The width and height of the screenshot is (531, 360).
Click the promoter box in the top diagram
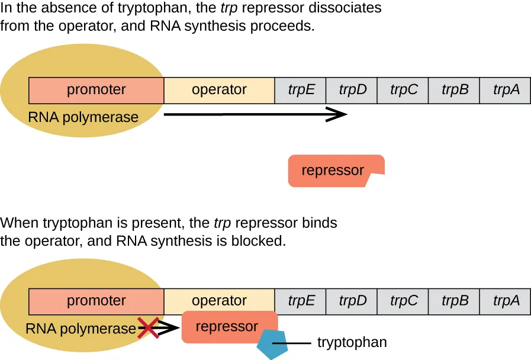pos(96,90)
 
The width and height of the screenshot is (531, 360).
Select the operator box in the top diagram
pos(219,90)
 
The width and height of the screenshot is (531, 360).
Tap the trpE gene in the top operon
pos(301,90)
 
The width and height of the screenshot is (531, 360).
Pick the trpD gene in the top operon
pos(352,90)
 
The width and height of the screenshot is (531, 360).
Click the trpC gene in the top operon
pos(403,90)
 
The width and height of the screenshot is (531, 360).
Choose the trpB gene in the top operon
pos(455,90)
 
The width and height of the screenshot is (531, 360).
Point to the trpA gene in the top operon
pos(506,90)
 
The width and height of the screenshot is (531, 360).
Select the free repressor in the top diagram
pos(333,171)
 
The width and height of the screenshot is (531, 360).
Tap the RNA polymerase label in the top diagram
pos(83,117)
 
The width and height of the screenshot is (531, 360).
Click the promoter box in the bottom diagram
pos(96,301)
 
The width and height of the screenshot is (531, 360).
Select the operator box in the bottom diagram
pos(219,301)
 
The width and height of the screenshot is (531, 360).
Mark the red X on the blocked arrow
pos(148,327)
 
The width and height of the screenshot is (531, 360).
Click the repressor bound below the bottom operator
pos(227,327)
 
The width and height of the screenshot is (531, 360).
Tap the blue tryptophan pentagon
pos(272,345)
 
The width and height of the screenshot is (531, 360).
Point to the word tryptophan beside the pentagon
pos(352,342)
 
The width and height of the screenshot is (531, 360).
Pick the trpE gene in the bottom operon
pos(301,301)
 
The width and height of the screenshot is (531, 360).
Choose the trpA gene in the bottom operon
pos(506,301)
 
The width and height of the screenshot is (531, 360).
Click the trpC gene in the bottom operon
pos(403,301)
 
